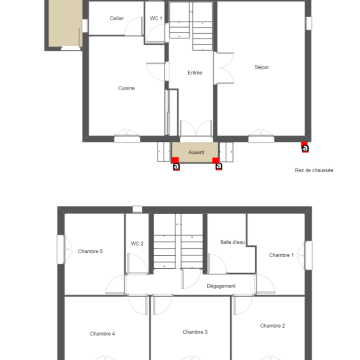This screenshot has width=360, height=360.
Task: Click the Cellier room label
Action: (x=117, y=18)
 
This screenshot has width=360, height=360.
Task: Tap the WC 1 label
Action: (x=156, y=18)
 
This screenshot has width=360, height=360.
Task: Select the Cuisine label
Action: (x=126, y=88)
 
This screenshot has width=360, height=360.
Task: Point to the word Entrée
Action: (x=195, y=73)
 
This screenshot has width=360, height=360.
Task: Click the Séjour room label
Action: (x=262, y=67)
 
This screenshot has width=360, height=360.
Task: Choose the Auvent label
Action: (x=196, y=152)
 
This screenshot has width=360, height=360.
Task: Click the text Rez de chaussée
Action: (x=314, y=170)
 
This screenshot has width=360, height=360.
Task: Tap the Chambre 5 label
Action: (x=90, y=252)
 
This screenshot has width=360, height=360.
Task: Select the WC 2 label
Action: (x=137, y=244)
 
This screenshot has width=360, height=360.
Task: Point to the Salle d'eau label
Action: (x=232, y=242)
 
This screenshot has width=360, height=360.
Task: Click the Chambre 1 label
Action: (x=281, y=255)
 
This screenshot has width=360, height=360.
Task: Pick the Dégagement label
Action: (x=221, y=286)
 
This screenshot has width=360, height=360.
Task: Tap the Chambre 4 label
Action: (x=102, y=334)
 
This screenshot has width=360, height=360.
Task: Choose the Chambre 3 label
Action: (x=195, y=332)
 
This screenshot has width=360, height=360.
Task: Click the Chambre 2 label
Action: (x=272, y=326)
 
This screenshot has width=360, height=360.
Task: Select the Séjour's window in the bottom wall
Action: (x=261, y=139)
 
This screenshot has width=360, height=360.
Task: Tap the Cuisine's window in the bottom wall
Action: (x=127, y=139)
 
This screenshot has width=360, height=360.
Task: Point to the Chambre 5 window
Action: (x=60, y=249)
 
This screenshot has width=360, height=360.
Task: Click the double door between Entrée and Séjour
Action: (x=224, y=68)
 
